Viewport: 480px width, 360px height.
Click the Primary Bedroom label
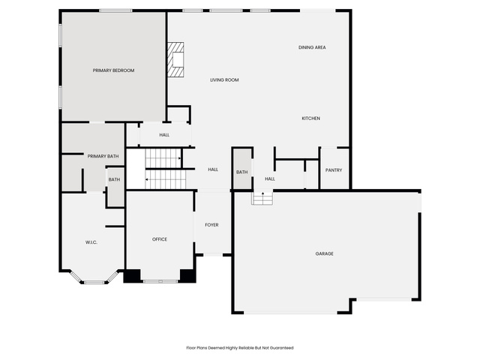tap(113, 70)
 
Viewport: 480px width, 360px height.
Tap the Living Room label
tap(224, 80)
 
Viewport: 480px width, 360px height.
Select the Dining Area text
tap(312, 47)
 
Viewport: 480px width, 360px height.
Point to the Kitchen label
tap(311, 118)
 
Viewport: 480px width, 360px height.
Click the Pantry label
tap(334, 170)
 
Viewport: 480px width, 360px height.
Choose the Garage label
tap(325, 253)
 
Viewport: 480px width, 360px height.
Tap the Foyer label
tap(211, 225)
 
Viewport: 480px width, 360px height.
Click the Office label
tap(160, 239)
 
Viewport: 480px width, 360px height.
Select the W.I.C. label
tap(91, 242)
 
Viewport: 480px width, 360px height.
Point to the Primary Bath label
tap(103, 156)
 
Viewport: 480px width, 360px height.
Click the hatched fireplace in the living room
tap(175, 60)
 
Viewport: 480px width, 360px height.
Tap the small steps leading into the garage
tap(262, 198)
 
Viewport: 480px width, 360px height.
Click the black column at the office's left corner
tap(132, 276)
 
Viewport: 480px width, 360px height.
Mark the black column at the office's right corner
tap(187, 276)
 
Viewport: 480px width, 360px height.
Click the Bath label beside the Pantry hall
tap(241, 172)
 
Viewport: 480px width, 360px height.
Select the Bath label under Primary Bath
tap(114, 179)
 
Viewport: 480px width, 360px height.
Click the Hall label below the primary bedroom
tap(164, 135)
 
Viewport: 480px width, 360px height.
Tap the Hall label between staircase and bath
tap(213, 169)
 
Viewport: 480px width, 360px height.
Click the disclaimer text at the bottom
tap(240, 348)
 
